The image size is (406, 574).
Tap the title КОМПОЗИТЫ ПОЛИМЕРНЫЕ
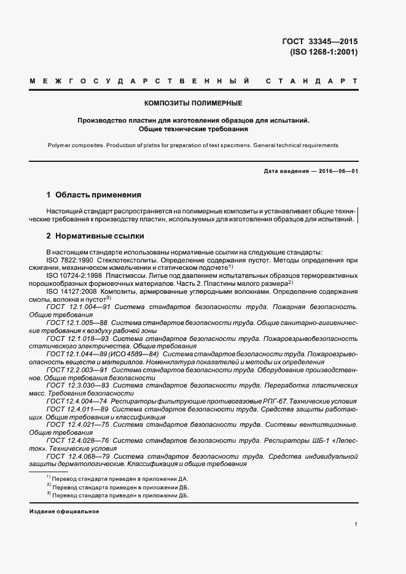pyautogui.click(x=193, y=102)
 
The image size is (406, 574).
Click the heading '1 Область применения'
pyautogui.click(x=93, y=195)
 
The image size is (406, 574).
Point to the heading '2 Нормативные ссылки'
pyautogui.click(x=95, y=235)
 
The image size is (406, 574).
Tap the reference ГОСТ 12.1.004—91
pyautogui.click(x=78, y=306)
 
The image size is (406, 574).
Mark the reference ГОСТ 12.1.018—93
pyautogui.click(x=78, y=338)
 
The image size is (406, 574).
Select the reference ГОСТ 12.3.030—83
pyautogui.click(x=78, y=386)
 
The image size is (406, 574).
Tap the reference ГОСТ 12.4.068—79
pyautogui.click(x=78, y=456)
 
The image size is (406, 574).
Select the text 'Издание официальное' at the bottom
pyautogui.click(x=64, y=511)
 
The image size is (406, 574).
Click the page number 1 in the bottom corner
pyautogui.click(x=356, y=524)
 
